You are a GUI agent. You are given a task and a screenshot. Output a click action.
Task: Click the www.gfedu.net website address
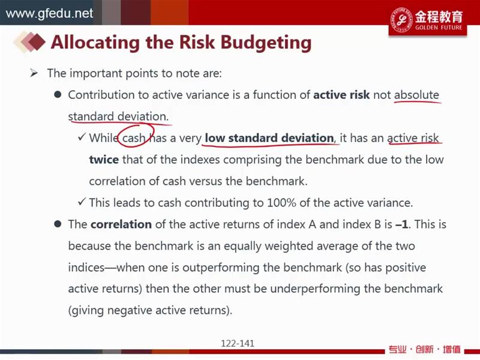49,13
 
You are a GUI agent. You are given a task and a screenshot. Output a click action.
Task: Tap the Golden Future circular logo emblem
401,19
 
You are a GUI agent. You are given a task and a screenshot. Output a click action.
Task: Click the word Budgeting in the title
266,42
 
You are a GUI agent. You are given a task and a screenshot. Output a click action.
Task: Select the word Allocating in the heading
96,42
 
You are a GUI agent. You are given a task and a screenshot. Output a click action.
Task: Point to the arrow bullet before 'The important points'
34,73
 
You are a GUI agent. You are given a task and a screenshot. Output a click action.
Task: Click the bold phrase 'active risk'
341,95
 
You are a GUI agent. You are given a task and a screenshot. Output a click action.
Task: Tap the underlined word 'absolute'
416,95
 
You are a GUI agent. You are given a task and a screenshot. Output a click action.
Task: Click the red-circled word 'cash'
133,138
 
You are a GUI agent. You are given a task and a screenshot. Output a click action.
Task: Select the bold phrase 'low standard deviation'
269,138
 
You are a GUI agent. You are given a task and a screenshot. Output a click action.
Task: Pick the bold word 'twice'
104,160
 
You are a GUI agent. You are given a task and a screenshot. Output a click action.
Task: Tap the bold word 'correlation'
121,224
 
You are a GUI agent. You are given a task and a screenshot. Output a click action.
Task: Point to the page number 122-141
238,343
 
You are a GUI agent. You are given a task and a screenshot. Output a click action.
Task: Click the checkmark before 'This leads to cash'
82,202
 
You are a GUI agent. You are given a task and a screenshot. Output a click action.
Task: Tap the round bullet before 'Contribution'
58,94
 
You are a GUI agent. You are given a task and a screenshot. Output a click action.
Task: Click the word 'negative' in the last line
130,310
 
